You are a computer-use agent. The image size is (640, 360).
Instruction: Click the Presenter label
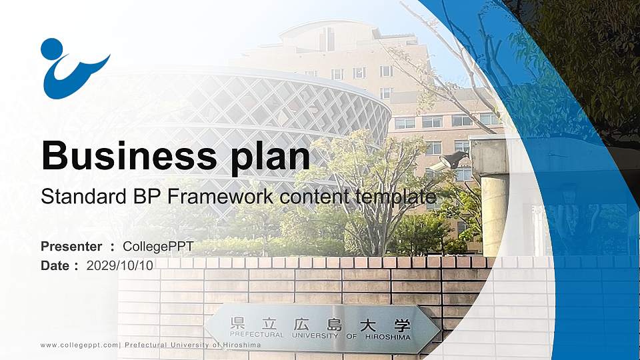pos(71,247)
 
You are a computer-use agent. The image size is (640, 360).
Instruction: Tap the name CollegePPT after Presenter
pos(158,247)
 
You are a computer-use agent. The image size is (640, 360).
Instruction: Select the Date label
pos(55,265)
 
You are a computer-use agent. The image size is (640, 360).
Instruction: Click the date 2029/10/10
pos(120,265)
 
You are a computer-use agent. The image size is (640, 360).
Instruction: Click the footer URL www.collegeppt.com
pos(79,345)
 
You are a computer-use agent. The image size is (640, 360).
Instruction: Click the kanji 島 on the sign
pos(333,325)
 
